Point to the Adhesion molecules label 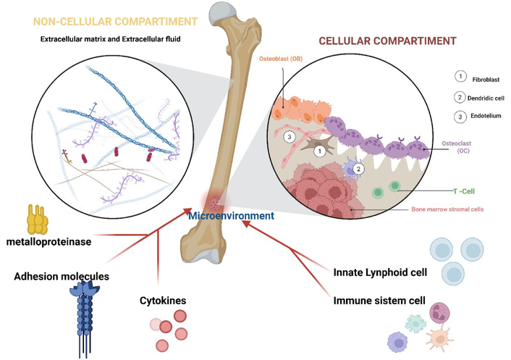pos(63,276)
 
